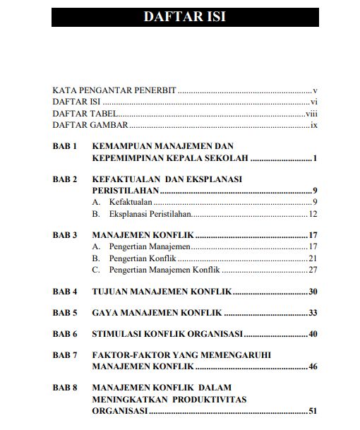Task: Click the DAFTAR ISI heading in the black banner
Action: [184, 16]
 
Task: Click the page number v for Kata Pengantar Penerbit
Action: [315, 90]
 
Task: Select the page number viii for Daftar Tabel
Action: [311, 113]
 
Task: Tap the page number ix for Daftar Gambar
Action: [313, 124]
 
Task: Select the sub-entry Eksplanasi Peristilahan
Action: [150, 213]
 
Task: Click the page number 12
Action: [313, 213]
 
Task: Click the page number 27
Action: [313, 269]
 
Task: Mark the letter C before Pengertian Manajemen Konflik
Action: [96, 269]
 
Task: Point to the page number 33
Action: [313, 312]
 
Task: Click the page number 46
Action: [313, 366]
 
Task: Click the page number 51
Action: [313, 410]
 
